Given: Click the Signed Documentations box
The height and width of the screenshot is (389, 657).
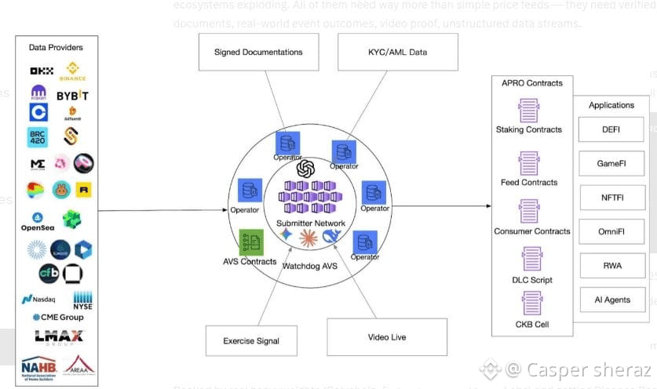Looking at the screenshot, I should pyautogui.click(x=258, y=53).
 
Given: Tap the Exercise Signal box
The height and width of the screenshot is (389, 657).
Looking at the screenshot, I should pyautogui.click(x=250, y=341).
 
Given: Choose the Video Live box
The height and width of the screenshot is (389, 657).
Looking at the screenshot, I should pyautogui.click(x=386, y=337).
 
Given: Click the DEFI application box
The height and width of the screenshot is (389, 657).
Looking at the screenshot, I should pyautogui.click(x=611, y=129).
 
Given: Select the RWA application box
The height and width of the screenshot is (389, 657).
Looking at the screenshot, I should pyautogui.click(x=611, y=266).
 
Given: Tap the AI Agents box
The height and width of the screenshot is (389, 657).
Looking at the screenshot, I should pyautogui.click(x=611, y=300).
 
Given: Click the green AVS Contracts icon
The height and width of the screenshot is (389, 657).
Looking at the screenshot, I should pyautogui.click(x=250, y=242).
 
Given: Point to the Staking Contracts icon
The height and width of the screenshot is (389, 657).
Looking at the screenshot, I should pyautogui.click(x=529, y=110).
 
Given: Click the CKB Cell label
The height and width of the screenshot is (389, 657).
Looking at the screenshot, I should pyautogui.click(x=529, y=323).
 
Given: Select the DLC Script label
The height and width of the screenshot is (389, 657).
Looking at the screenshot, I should pyautogui.click(x=531, y=280).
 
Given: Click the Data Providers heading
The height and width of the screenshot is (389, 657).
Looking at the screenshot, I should pyautogui.click(x=56, y=48).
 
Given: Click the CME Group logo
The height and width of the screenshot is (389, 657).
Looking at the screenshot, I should pyautogui.click(x=57, y=318).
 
